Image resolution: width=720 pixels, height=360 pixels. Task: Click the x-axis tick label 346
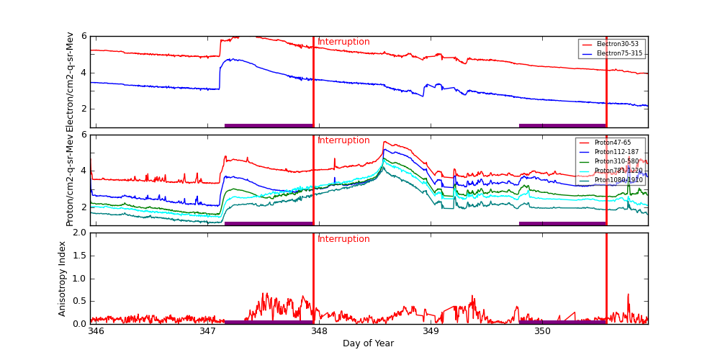pyautogui.click(x=96, y=331)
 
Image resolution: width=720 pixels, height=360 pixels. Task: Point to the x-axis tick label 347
pyautogui.click(x=207, y=331)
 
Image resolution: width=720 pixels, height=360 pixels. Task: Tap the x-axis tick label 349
pyautogui.click(x=431, y=331)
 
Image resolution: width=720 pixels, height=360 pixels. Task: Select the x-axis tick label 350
pyautogui.click(x=542, y=331)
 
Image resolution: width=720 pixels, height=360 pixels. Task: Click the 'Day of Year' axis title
pyautogui.click(x=368, y=343)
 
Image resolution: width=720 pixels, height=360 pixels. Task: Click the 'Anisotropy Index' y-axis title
pyautogui.click(x=63, y=278)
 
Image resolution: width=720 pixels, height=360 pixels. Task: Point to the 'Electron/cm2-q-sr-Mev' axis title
pyautogui.click(x=71, y=82)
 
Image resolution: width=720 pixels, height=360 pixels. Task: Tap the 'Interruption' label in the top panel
pyautogui.click(x=343, y=42)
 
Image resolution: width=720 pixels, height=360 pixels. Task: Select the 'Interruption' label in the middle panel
pyautogui.click(x=343, y=140)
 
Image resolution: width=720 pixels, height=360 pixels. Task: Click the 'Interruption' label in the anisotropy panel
pyautogui.click(x=343, y=239)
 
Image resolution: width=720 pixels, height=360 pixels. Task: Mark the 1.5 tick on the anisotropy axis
pyautogui.click(x=78, y=256)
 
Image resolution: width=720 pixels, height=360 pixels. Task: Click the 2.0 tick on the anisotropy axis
pyautogui.click(x=78, y=233)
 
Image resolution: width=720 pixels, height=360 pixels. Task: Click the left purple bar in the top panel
pyautogui.click(x=269, y=125)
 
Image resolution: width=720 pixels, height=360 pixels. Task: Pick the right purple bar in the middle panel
pyautogui.click(x=562, y=223)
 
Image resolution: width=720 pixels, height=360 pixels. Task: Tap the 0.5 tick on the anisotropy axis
pyautogui.click(x=78, y=301)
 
